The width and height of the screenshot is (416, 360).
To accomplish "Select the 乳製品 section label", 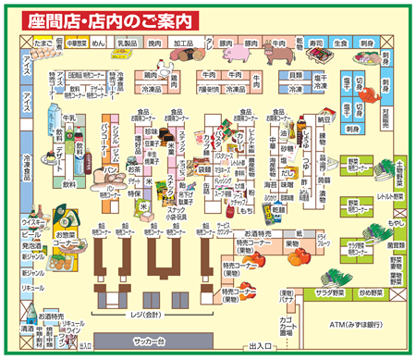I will pos(127,43).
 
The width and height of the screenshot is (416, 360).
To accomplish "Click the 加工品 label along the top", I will pos(183,43).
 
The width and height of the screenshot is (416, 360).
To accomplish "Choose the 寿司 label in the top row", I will pos(316,43).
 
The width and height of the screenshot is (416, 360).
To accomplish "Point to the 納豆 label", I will pos(324,119).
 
